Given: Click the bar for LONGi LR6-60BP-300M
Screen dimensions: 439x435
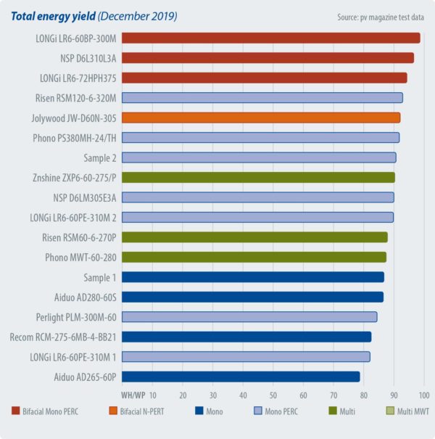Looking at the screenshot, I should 270,38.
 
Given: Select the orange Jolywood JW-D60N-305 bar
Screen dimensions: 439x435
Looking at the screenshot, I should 260,118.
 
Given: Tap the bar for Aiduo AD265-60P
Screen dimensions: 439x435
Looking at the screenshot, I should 241,376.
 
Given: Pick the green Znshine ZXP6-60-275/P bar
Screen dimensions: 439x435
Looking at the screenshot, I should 258,177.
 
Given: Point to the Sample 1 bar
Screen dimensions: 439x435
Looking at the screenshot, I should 252,276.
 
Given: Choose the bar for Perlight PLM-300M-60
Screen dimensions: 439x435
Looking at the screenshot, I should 249,316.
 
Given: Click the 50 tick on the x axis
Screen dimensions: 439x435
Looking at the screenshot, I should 273,395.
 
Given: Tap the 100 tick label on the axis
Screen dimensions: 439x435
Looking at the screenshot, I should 424,395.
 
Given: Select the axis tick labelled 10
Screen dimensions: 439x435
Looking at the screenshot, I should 152,395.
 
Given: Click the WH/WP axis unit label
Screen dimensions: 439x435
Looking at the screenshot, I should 133,395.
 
